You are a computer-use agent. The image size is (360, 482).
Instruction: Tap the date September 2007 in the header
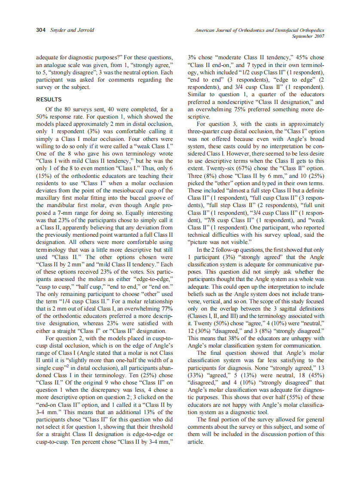tap(308, 37)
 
